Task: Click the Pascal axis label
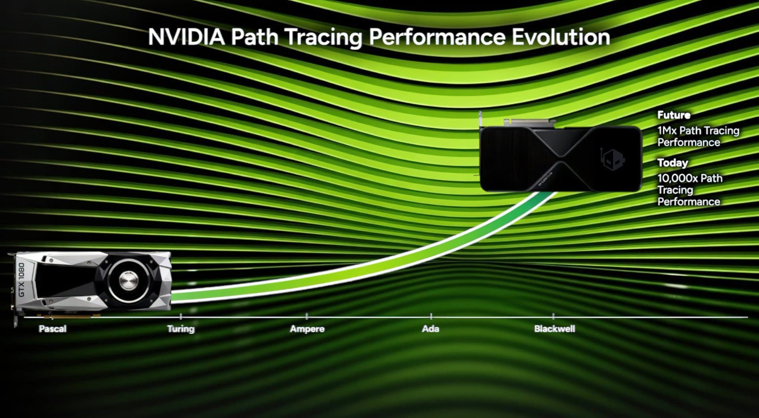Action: [53, 329]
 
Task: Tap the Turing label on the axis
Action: [181, 329]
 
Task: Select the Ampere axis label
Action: [307, 329]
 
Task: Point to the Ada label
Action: [430, 329]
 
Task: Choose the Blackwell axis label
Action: [554, 329]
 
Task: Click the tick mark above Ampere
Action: [307, 316]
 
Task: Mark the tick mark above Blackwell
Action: [553, 316]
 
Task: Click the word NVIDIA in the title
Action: [186, 37]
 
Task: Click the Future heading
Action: [674, 115]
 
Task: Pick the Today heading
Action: [672, 163]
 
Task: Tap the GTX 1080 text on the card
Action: [21, 280]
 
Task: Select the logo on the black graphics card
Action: [612, 159]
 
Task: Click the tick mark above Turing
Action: [181, 316]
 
